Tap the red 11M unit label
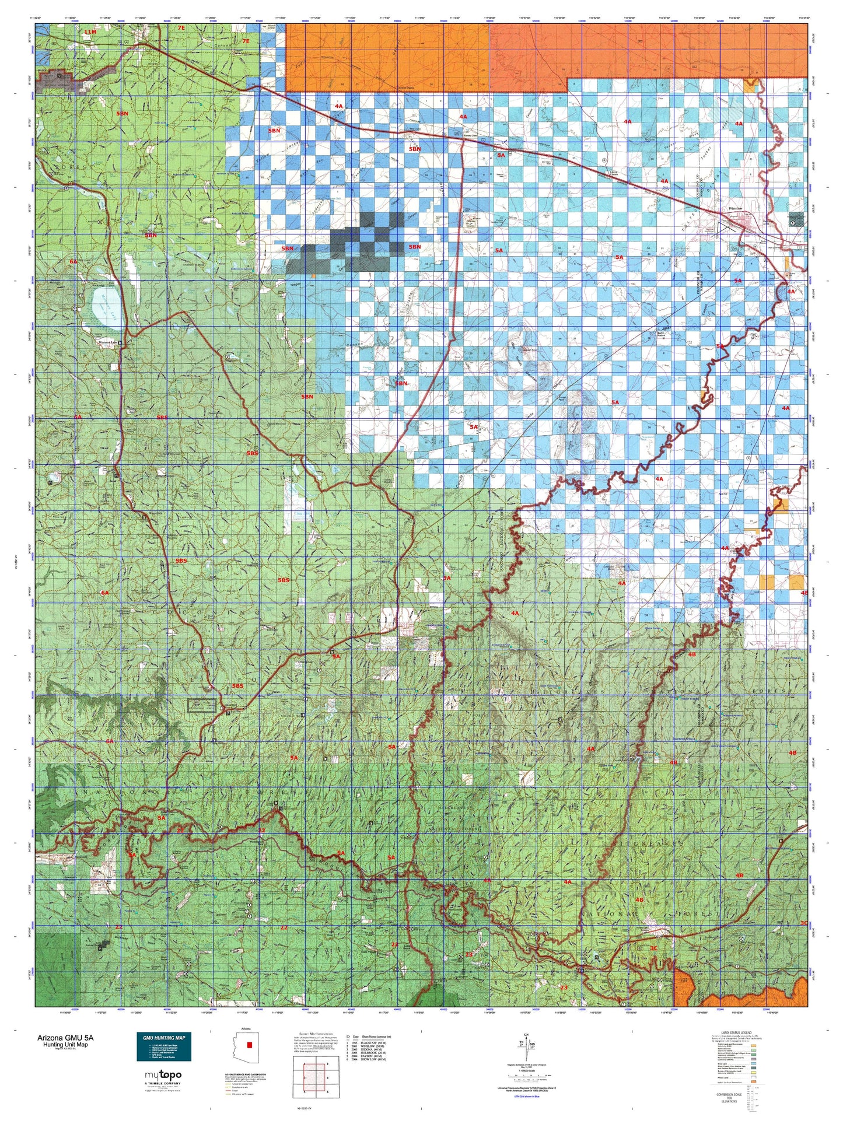click(x=89, y=31)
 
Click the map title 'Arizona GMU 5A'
click(x=65, y=1038)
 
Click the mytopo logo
click(x=163, y=1075)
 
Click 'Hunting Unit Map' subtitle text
click(x=62, y=1045)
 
